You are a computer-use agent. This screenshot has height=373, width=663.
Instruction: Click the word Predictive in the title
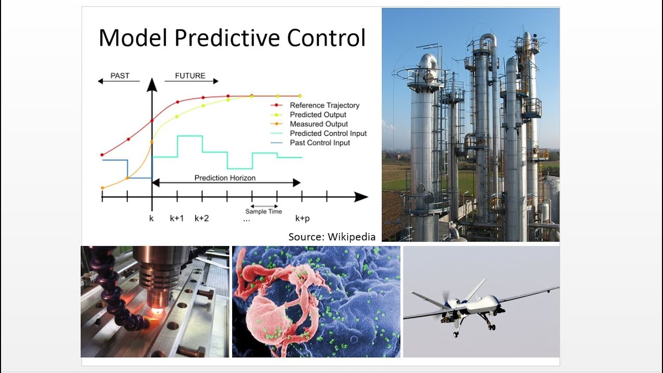tap(227, 38)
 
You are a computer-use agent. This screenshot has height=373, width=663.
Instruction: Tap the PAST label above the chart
tap(120, 76)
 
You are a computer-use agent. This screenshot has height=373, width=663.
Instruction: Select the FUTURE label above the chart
tap(190, 76)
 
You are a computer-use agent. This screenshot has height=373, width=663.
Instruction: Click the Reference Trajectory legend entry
tap(315, 105)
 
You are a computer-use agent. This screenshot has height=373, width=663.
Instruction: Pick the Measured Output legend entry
tap(309, 124)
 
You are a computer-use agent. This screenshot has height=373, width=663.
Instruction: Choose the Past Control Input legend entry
tap(310, 142)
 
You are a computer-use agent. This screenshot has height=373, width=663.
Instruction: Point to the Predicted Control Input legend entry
tap(319, 133)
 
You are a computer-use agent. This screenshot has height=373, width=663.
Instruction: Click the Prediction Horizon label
tap(225, 178)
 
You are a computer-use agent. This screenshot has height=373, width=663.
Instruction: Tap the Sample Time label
tap(264, 211)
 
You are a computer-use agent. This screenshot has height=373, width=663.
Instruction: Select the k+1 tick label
tap(177, 219)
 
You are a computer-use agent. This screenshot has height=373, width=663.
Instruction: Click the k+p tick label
tap(302, 219)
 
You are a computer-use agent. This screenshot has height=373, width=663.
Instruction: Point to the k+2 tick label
tap(201, 219)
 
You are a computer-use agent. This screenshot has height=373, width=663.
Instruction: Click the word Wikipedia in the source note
tap(352, 237)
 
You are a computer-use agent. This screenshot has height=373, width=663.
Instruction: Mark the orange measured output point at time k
tap(152, 142)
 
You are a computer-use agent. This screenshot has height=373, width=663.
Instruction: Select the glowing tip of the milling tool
tap(156, 311)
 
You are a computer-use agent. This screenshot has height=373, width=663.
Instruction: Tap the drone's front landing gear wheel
tap(455, 335)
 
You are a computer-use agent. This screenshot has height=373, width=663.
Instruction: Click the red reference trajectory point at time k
tap(152, 121)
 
